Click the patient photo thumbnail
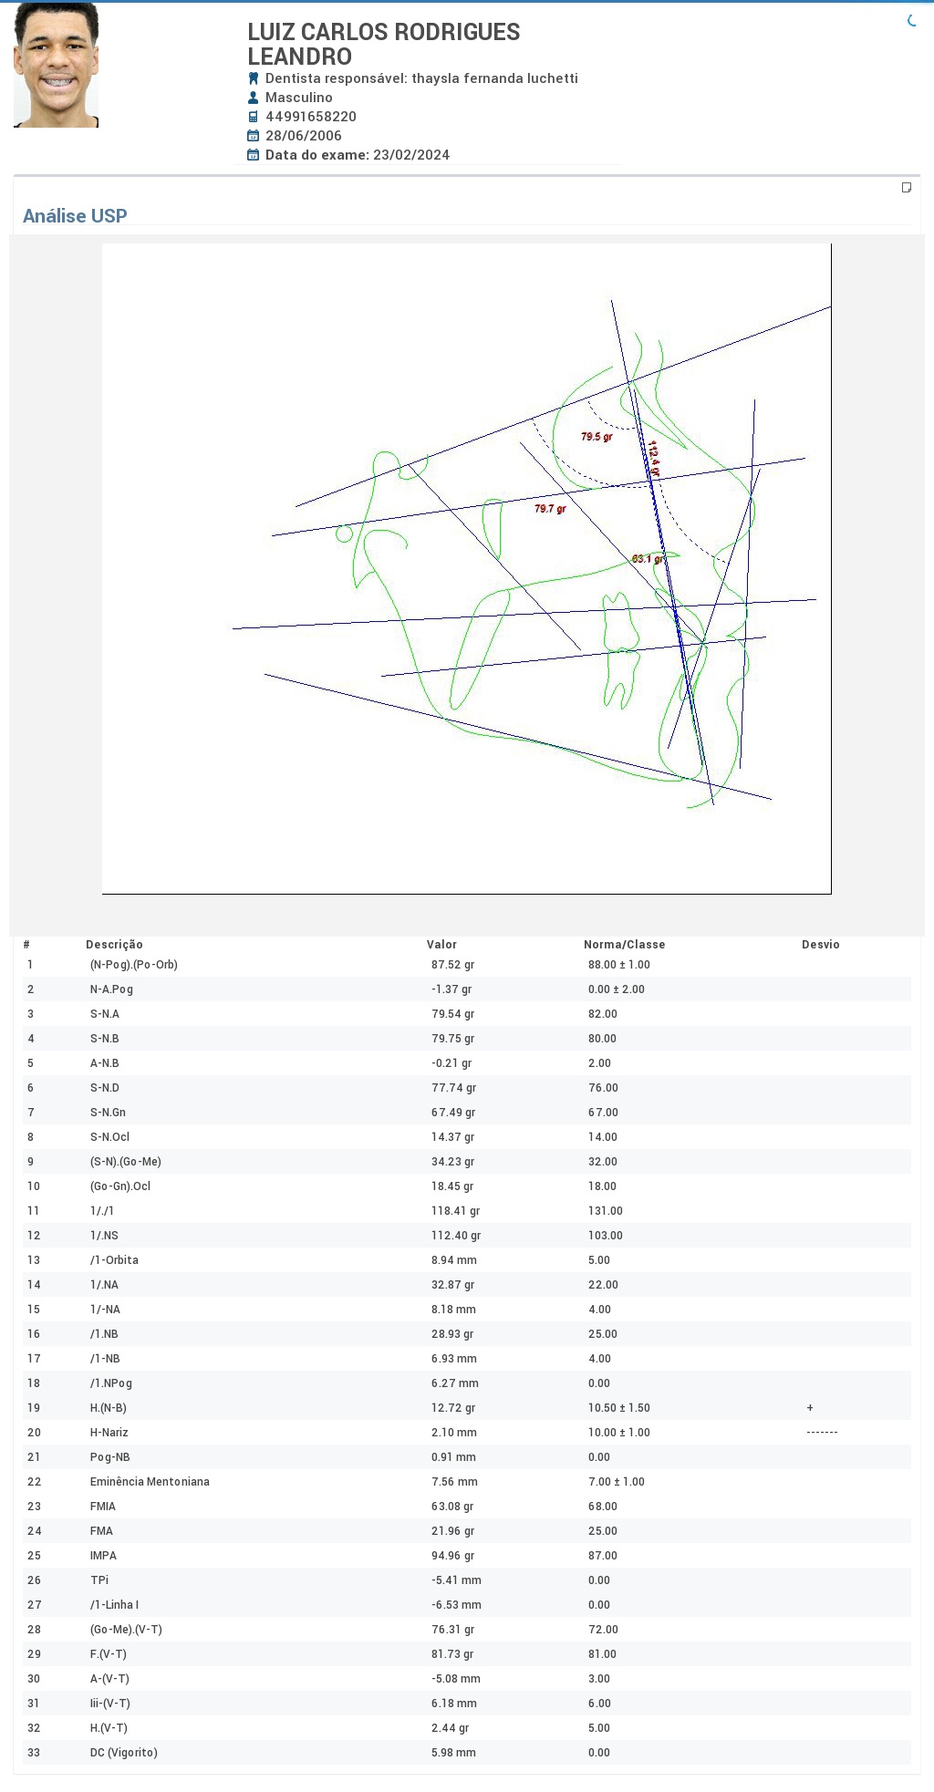tap(56, 65)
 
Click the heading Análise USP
tap(75, 216)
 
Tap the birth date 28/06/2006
tap(304, 136)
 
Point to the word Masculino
tap(299, 98)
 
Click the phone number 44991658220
tap(311, 117)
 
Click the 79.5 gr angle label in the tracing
tap(597, 437)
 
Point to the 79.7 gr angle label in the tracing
tap(550, 509)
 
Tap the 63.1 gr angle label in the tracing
tap(648, 559)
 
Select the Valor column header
tap(441, 945)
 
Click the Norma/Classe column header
tap(624, 945)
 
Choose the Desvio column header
tap(821, 945)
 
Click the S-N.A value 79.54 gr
tap(453, 1014)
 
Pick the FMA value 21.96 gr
tap(453, 1531)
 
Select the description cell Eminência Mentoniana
tap(150, 1482)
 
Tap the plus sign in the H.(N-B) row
tap(810, 1408)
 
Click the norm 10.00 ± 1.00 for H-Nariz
tap(619, 1433)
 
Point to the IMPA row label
tap(103, 1556)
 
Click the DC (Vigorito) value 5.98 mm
tap(454, 1753)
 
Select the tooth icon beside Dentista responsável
tap(254, 78)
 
